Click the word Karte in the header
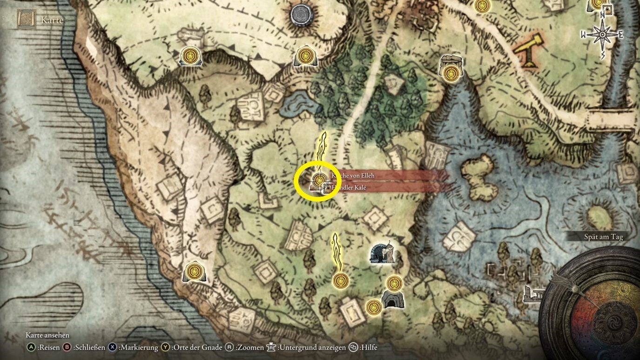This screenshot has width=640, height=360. pyautogui.click(x=52, y=20)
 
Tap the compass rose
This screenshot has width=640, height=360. pyautogui.click(x=602, y=34)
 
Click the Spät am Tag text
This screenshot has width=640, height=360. pyautogui.click(x=603, y=237)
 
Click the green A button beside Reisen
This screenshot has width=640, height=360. pyautogui.click(x=31, y=347)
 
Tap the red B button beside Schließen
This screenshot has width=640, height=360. pyautogui.click(x=67, y=347)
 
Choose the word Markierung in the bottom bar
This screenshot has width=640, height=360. pyautogui.click(x=139, y=347)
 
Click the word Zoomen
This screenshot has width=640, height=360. pyautogui.click(x=249, y=347)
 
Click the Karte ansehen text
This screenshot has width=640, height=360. pyautogui.click(x=47, y=335)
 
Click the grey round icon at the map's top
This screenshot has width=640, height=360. pyautogui.click(x=301, y=14)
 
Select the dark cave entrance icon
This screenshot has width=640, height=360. pyautogui.click(x=391, y=299)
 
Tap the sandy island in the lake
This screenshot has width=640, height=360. pyautogui.click(x=478, y=170)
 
